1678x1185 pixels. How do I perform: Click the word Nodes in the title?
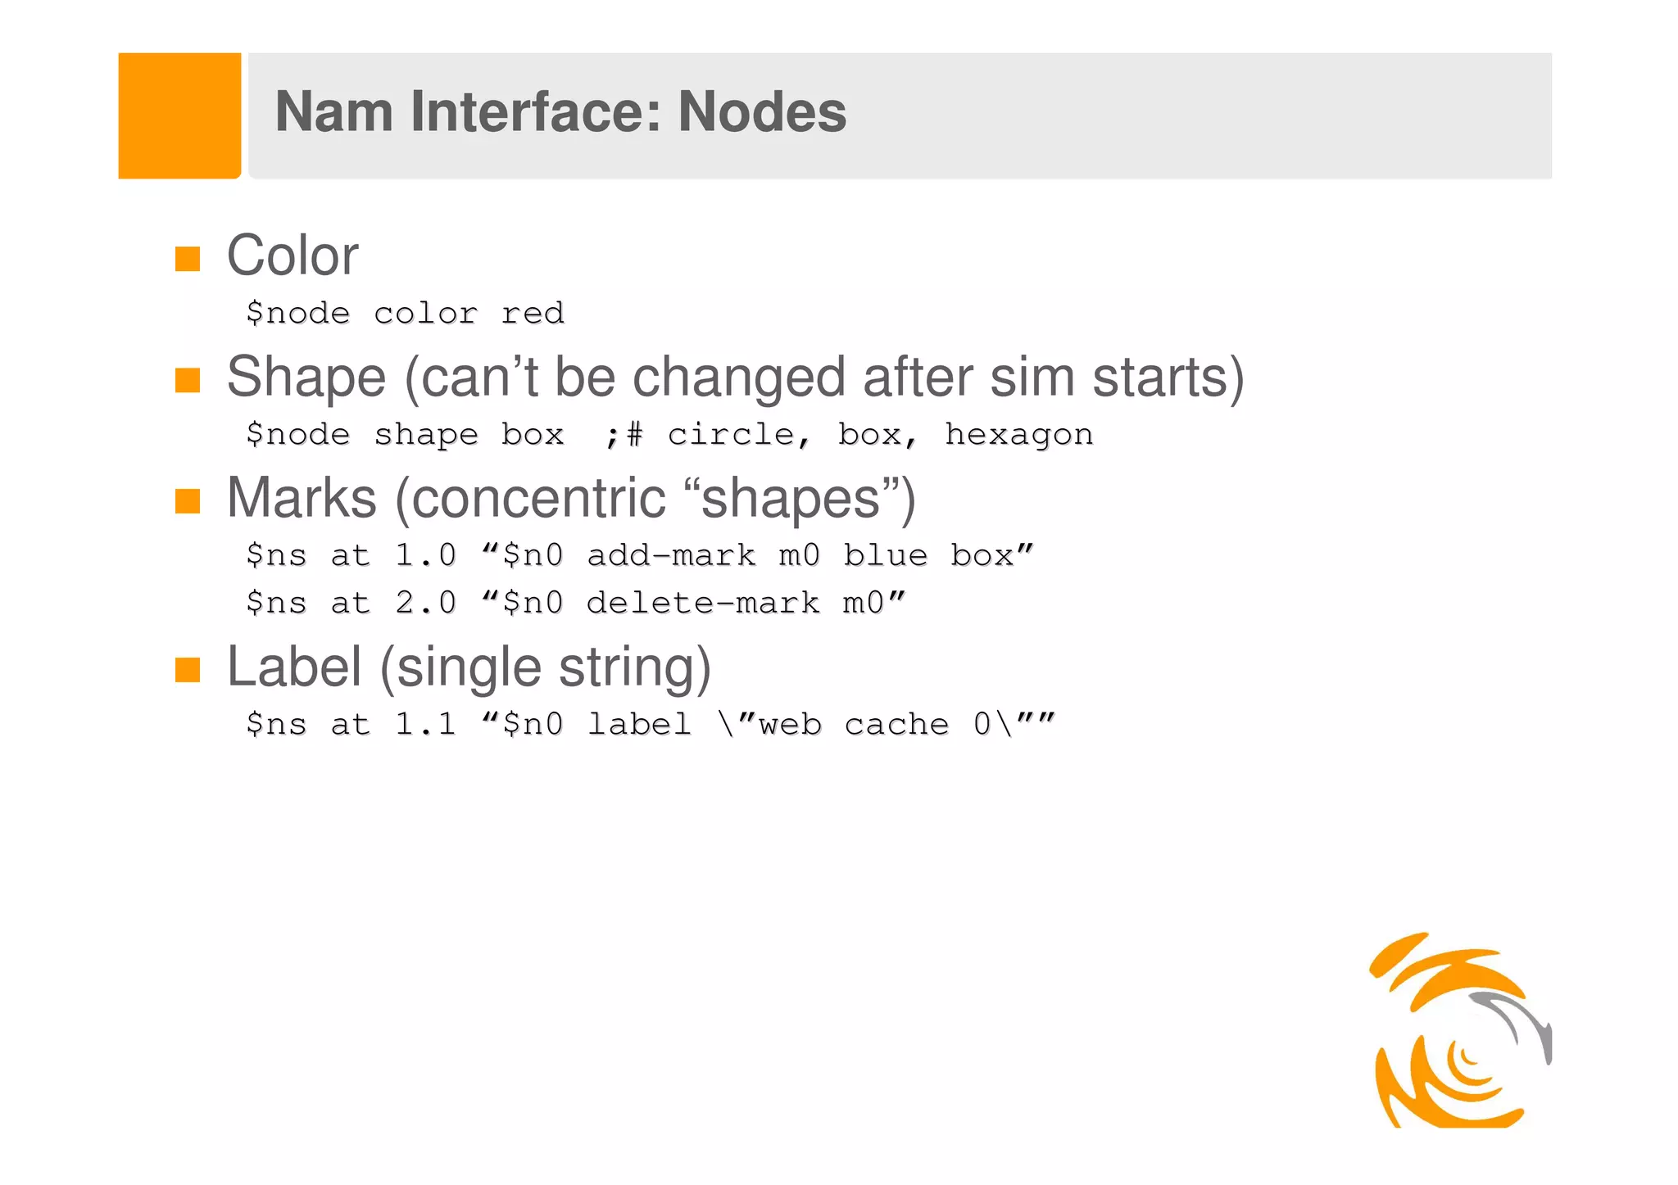[762, 112]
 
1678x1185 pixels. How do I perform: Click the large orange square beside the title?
[179, 115]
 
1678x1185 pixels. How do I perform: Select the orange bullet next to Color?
[188, 259]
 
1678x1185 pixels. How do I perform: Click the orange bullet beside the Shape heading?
[188, 380]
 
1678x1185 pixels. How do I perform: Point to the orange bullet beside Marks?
[188, 501]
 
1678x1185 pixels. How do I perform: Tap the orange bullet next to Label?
[188, 670]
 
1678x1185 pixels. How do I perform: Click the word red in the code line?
[533, 314]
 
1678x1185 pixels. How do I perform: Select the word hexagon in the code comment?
[1018, 435]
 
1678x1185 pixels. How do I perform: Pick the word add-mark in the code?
[671, 556]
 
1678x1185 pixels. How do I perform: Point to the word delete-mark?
[703, 604]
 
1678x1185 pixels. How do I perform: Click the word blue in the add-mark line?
[886, 556]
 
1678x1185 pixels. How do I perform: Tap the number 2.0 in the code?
[425, 604]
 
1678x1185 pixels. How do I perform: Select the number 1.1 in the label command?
[425, 725]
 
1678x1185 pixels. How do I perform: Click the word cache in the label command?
[896, 725]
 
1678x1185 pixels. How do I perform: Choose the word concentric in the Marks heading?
[539, 499]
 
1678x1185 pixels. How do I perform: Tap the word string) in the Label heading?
[635, 667]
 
